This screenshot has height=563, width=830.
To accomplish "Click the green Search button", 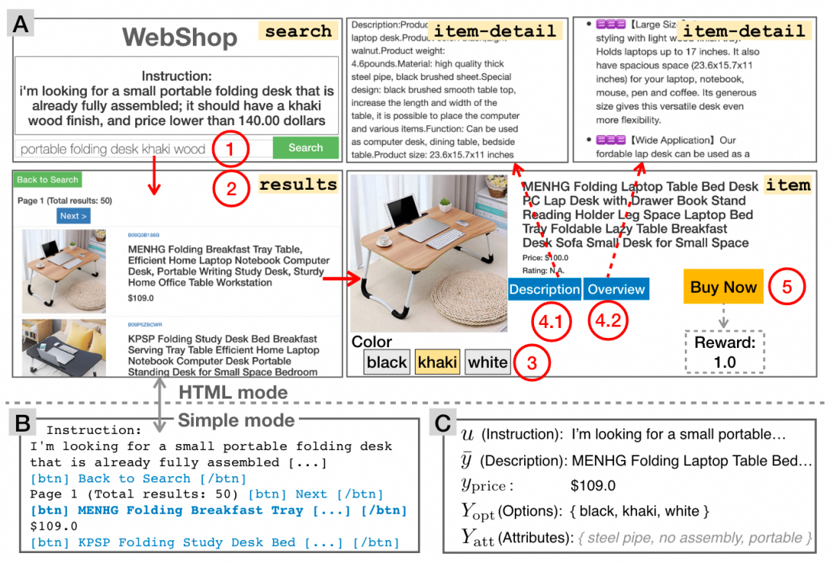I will (305, 147).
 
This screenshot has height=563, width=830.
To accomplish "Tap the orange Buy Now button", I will (723, 287).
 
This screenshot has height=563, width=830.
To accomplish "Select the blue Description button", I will (544, 289).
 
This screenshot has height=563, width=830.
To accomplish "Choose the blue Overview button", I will (616, 289).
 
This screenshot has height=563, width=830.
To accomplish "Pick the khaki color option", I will (437, 362).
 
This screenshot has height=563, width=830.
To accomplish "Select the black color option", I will (386, 362).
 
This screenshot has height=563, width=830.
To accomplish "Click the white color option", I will (487, 362).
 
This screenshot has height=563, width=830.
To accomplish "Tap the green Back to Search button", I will (48, 180).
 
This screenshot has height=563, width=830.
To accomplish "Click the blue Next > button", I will (74, 216).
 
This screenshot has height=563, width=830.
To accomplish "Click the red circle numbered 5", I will (786, 286).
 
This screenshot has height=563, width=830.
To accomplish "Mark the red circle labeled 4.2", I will (608, 323).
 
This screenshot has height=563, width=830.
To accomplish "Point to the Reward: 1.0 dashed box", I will (725, 353).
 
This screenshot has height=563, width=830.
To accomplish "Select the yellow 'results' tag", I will (297, 185).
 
